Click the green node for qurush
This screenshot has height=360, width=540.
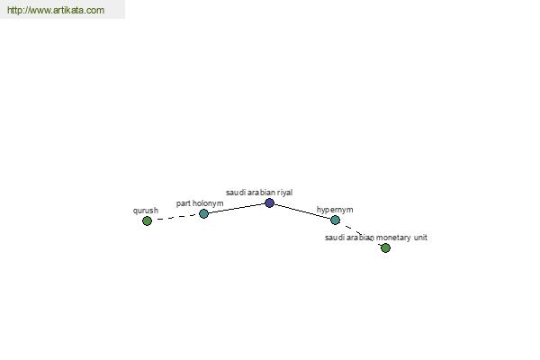click(x=147, y=220)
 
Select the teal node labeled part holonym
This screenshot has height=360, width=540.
click(x=203, y=213)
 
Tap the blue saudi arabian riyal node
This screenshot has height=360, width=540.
click(x=269, y=202)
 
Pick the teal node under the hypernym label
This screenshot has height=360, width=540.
click(x=335, y=220)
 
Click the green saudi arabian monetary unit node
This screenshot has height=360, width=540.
click(x=385, y=247)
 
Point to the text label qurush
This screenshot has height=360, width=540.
click(x=146, y=211)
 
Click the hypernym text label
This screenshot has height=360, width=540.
click(x=335, y=210)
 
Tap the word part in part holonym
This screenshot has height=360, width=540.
click(x=183, y=203)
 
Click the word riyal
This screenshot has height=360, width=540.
click(x=284, y=193)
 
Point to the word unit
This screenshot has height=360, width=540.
click(x=420, y=238)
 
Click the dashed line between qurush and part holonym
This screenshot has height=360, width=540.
click(x=175, y=218)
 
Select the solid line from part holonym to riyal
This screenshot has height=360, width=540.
click(x=237, y=209)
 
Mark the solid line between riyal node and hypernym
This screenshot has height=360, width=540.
click(x=302, y=211)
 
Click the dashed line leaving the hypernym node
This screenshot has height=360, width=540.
click(x=360, y=234)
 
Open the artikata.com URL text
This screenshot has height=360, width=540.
click(x=56, y=10)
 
